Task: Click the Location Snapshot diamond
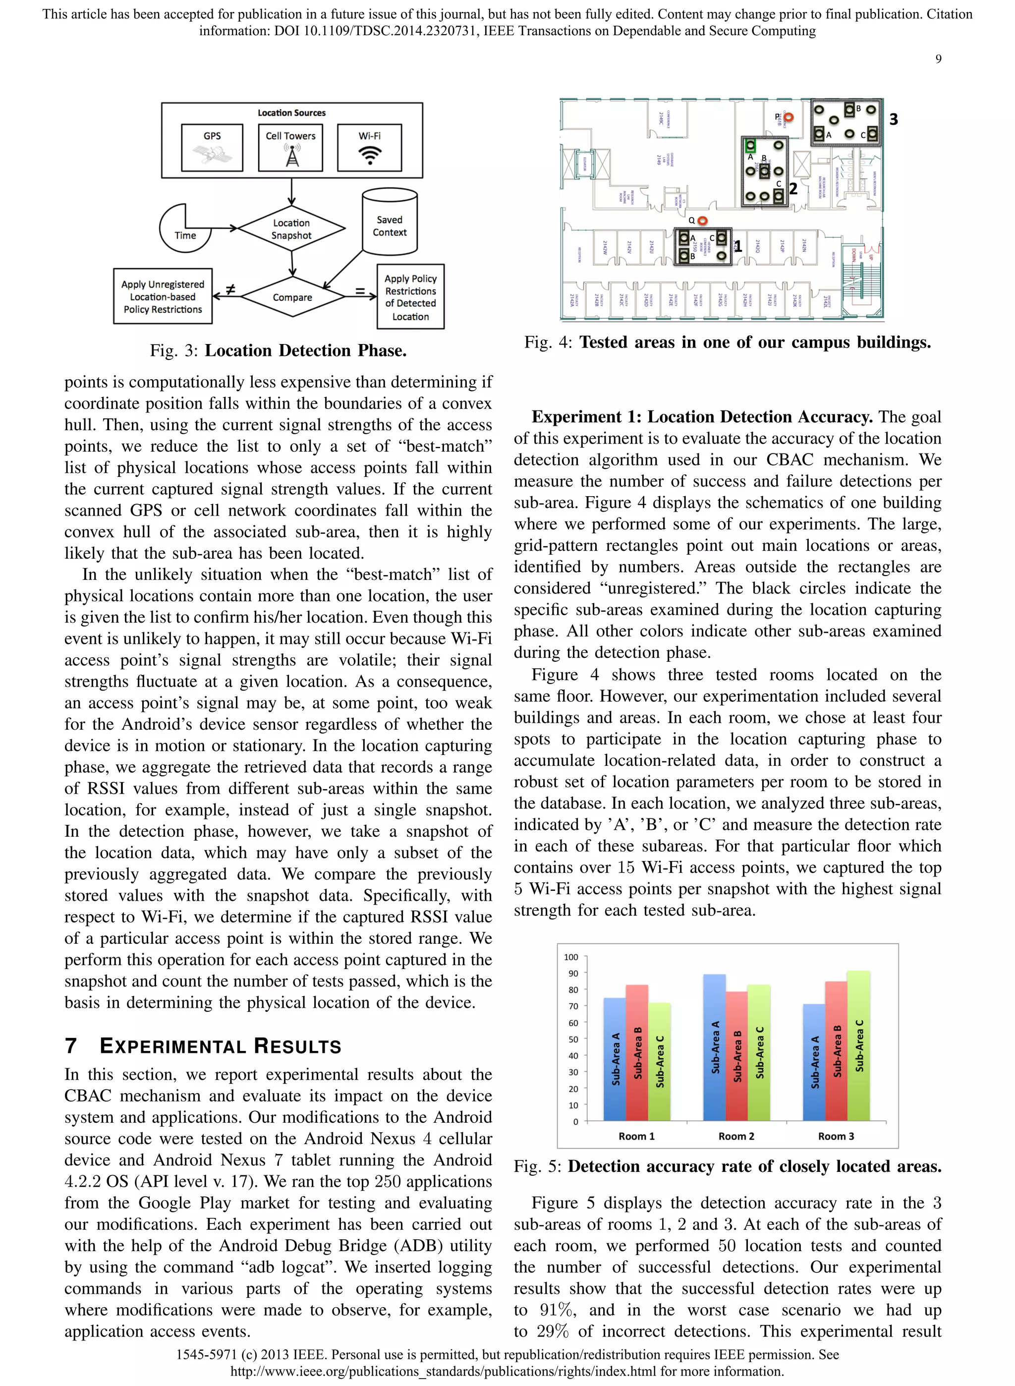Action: coord(291,229)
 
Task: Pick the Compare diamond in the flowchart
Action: coord(292,297)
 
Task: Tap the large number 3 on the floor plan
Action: coord(894,119)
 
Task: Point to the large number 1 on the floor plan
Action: coord(738,247)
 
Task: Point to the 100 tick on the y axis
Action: coord(571,957)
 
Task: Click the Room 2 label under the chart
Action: coord(736,1136)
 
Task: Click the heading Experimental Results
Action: coord(220,1045)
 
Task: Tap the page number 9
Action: coord(938,59)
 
